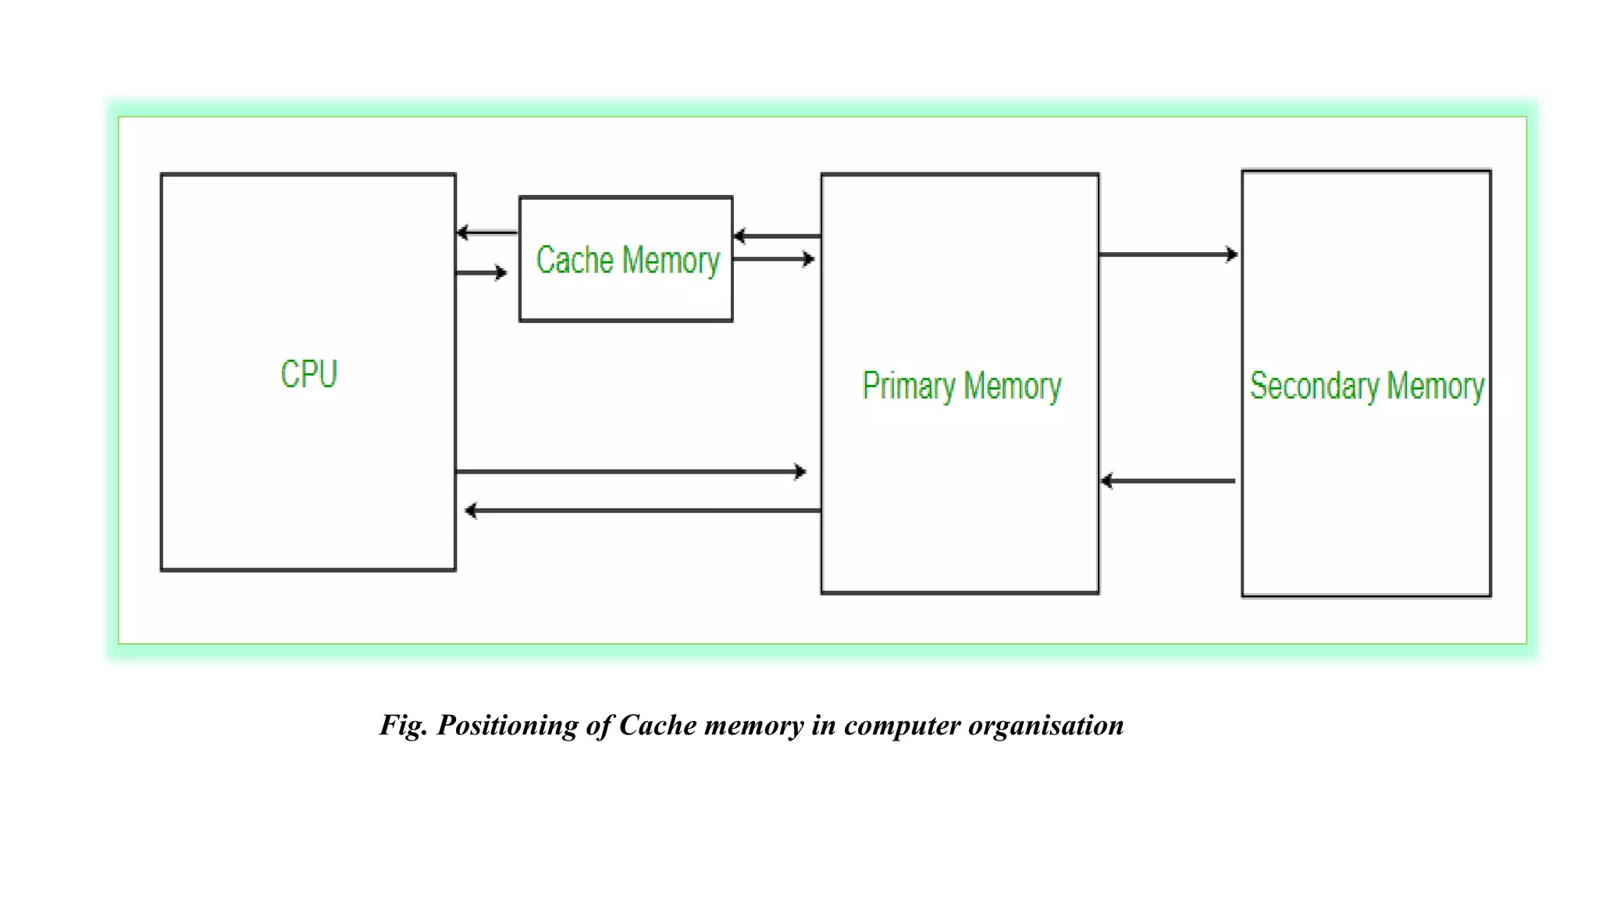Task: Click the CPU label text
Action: tap(308, 374)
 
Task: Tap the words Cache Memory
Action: tap(627, 260)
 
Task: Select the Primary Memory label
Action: tap(961, 386)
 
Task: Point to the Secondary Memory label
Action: tap(1366, 386)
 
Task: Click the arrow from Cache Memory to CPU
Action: tap(486, 233)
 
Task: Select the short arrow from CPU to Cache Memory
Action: tap(481, 272)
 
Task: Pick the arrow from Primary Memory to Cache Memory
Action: tap(777, 236)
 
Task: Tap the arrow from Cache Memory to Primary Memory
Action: tap(774, 259)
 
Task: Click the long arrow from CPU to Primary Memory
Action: tap(629, 471)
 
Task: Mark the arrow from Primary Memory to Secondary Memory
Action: tap(1168, 254)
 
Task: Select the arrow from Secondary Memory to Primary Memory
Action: tap(1168, 481)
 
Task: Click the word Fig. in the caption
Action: tap(403, 726)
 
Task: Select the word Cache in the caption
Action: tap(657, 726)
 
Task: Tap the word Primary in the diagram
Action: tap(909, 386)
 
